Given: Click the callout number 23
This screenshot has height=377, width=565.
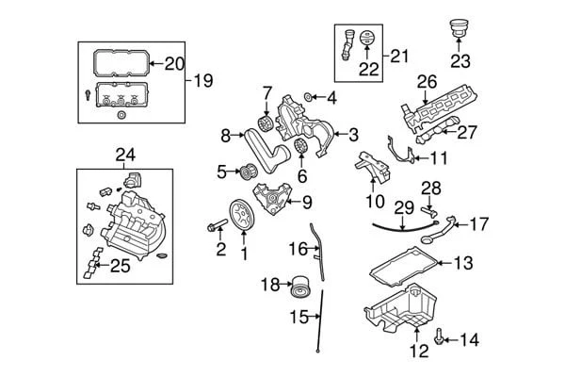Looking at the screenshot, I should pyautogui.click(x=460, y=63).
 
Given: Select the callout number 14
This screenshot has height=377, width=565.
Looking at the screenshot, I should pyautogui.click(x=468, y=339).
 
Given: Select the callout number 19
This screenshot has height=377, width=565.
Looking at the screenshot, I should pyautogui.click(x=204, y=81).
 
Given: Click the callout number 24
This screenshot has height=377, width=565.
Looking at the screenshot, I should pyautogui.click(x=125, y=154).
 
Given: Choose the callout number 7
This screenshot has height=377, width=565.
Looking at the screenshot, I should pyautogui.click(x=266, y=92).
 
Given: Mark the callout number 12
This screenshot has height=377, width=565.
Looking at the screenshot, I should pyautogui.click(x=419, y=351).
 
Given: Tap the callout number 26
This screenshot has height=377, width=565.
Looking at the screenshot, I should pyautogui.click(x=428, y=83).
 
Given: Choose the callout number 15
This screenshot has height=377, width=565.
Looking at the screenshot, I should pyautogui.click(x=299, y=317).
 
